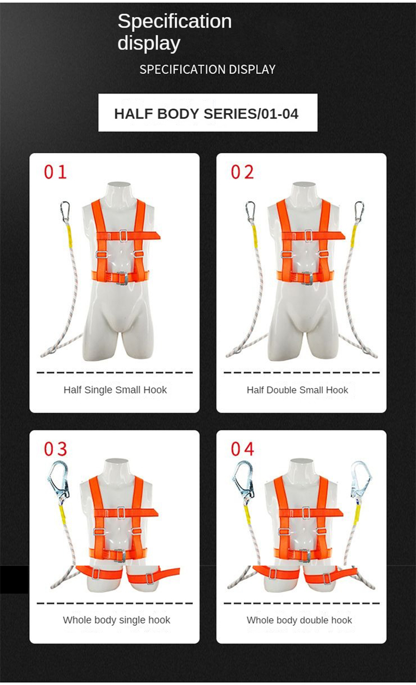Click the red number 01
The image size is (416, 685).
pyautogui.click(x=55, y=172)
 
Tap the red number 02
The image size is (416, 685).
pyautogui.click(x=242, y=172)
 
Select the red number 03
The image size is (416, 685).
pyautogui.click(x=55, y=449)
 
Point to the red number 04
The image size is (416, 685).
pyautogui.click(x=242, y=449)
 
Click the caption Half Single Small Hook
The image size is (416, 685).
pyautogui.click(x=115, y=389)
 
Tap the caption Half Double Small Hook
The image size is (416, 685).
pyautogui.click(x=297, y=389)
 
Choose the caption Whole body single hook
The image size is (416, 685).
pyautogui.click(x=116, y=620)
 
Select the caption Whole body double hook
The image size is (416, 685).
pyautogui.click(x=299, y=620)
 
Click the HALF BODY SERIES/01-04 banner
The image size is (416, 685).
pyautogui.click(x=207, y=113)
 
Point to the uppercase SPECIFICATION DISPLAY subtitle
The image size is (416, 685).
pyautogui.click(x=207, y=69)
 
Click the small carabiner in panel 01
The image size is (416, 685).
pyautogui.click(x=65, y=211)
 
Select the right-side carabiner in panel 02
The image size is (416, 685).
pyautogui.click(x=359, y=211)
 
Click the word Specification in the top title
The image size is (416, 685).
pyautogui.click(x=174, y=21)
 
